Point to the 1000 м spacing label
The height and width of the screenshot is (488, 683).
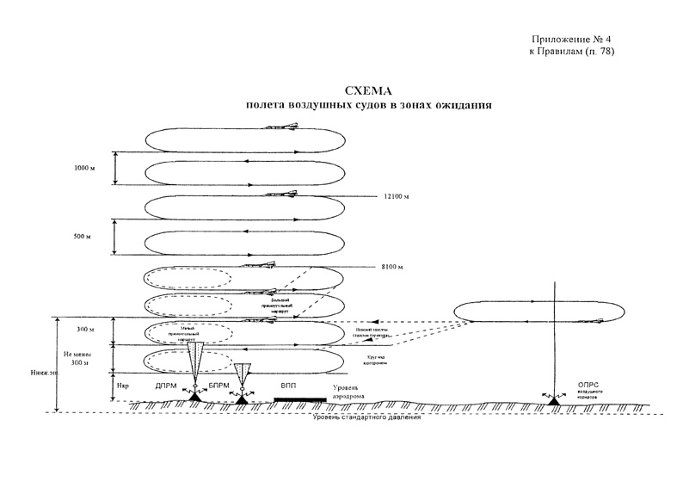click(x=84, y=168)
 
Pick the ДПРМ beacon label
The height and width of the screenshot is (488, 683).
click(x=166, y=387)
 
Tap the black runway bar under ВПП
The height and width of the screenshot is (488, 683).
click(x=299, y=400)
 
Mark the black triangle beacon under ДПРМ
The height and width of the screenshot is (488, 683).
click(x=195, y=398)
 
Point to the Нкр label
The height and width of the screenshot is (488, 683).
click(x=122, y=387)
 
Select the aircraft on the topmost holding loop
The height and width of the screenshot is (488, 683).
click(x=283, y=127)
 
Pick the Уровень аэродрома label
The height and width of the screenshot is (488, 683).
click(x=347, y=392)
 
